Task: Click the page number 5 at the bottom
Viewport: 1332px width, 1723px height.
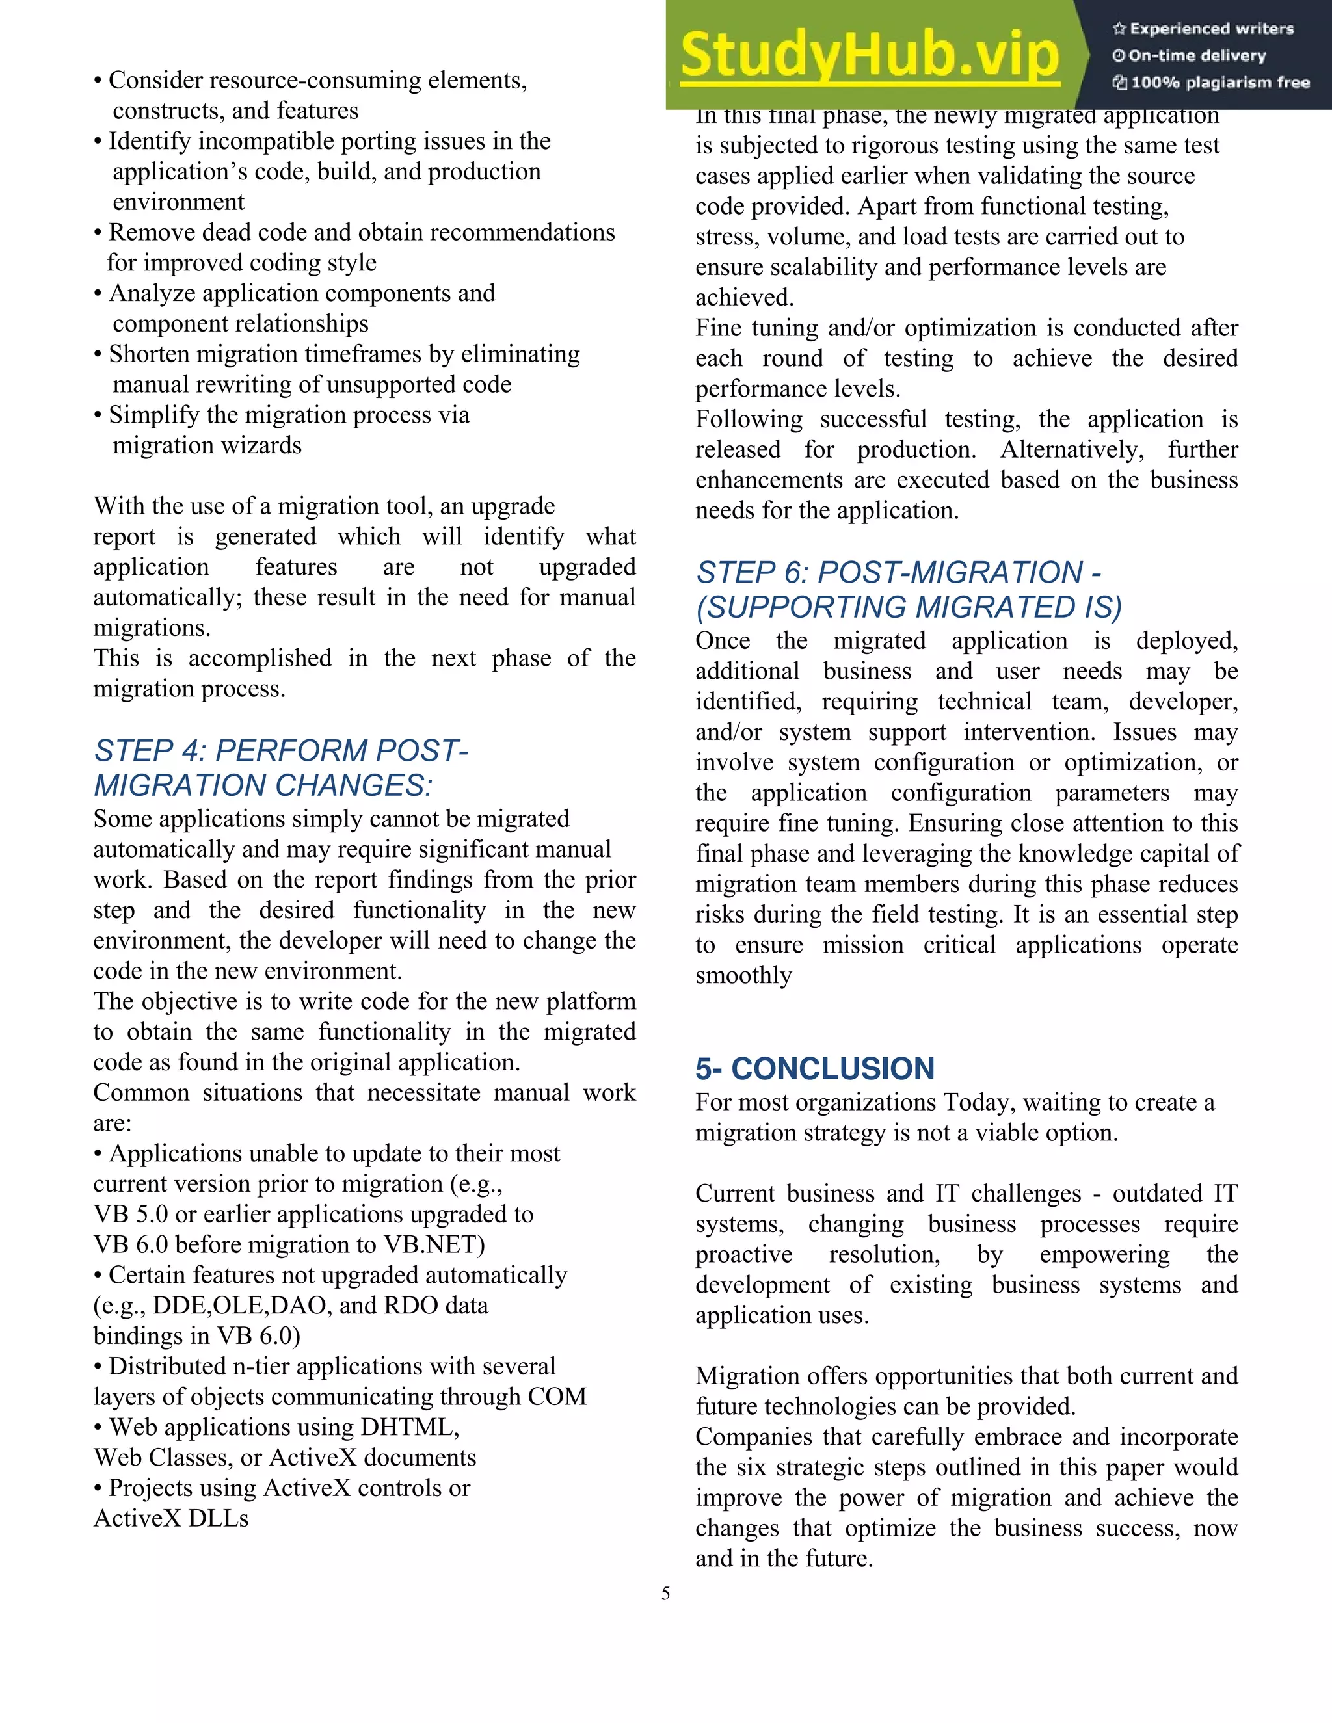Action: (665, 1593)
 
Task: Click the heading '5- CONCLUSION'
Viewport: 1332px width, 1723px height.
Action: (814, 1068)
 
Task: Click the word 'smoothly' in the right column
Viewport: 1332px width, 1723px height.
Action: (743, 975)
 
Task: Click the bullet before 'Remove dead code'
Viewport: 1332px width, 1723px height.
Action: (98, 233)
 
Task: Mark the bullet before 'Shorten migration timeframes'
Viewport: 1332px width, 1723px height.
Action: (98, 354)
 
